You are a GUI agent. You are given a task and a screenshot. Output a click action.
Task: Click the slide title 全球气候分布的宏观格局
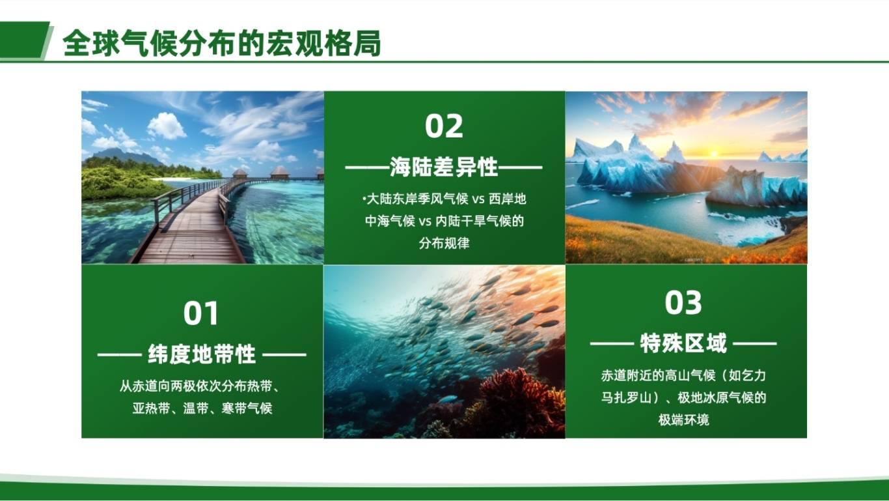(x=222, y=43)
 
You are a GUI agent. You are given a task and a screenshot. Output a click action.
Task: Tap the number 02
(x=444, y=126)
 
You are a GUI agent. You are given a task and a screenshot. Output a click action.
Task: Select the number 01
(x=201, y=313)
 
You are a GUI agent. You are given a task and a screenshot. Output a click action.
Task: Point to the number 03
(x=683, y=303)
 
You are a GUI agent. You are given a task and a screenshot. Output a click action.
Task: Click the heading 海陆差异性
(x=444, y=167)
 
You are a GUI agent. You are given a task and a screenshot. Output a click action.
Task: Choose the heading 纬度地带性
(x=202, y=354)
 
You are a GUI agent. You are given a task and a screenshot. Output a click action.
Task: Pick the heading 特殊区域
(x=683, y=343)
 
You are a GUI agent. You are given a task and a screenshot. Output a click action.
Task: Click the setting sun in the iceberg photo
(x=714, y=154)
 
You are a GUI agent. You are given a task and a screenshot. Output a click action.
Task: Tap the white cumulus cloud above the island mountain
(x=167, y=126)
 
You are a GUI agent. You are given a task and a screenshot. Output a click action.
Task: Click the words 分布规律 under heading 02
(x=444, y=243)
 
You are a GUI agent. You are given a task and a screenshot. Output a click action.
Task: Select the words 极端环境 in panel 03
(x=683, y=420)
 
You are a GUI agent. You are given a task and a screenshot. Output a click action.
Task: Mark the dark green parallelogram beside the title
(x=24, y=40)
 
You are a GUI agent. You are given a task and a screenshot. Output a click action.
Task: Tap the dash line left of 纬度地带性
(x=120, y=355)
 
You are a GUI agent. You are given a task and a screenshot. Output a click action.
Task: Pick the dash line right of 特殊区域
(x=755, y=344)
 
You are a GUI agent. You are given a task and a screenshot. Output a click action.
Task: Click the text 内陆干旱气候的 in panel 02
(x=480, y=221)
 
